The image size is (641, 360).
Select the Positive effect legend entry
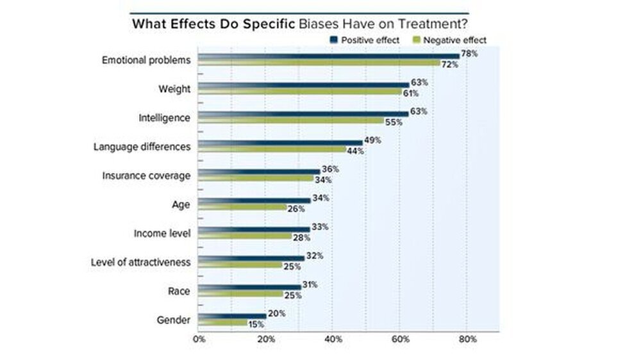tap(370, 40)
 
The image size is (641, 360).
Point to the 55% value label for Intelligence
tap(393, 122)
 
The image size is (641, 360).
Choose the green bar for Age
tap(242, 208)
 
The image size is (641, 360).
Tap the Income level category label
tap(162, 233)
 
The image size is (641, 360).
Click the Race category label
tap(179, 291)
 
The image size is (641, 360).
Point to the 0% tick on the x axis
tap(199, 340)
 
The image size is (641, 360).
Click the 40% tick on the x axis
tap(333, 340)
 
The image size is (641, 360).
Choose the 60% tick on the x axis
tap(400, 340)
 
